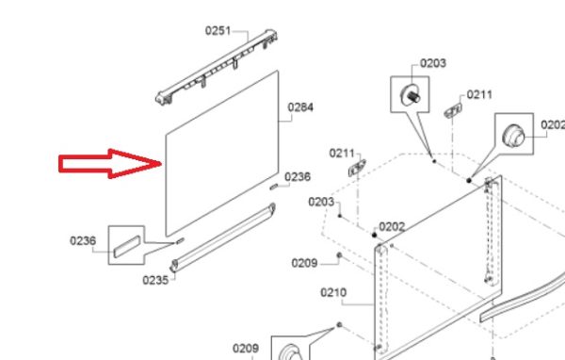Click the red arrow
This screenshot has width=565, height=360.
(x=110, y=164)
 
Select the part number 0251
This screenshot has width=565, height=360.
(x=218, y=31)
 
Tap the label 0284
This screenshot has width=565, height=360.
(x=300, y=107)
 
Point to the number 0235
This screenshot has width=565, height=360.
(x=155, y=280)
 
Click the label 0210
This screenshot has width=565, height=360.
(x=333, y=292)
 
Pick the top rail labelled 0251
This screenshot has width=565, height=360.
(x=217, y=68)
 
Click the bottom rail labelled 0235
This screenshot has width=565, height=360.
(x=222, y=237)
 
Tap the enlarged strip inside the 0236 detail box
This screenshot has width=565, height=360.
(x=127, y=246)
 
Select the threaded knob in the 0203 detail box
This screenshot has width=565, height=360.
(x=410, y=94)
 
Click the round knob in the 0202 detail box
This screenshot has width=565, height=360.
(x=513, y=136)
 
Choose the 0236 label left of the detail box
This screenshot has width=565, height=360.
(x=83, y=240)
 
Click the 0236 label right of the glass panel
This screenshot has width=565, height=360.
(x=298, y=177)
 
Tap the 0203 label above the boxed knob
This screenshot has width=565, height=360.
(x=433, y=63)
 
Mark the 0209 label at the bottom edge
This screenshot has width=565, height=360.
(x=246, y=349)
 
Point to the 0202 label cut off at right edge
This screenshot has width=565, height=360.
(x=553, y=124)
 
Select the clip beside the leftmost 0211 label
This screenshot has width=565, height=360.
(x=357, y=168)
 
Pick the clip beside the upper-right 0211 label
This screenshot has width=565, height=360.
(x=453, y=110)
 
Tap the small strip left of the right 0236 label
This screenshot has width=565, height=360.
(x=274, y=187)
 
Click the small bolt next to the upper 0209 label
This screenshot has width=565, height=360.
(x=339, y=255)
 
